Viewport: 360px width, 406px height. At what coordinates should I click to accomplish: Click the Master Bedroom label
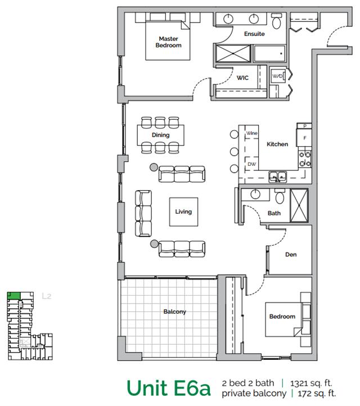pyautogui.click(x=169, y=42)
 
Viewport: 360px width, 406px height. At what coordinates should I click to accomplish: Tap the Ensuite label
pyautogui.click(x=254, y=34)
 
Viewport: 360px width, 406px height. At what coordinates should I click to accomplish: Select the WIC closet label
pyautogui.click(x=242, y=78)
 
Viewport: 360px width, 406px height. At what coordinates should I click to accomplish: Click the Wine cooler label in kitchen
pyautogui.click(x=251, y=133)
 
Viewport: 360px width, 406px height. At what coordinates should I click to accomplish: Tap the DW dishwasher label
pyautogui.click(x=251, y=164)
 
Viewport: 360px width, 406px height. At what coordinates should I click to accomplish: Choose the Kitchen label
pyautogui.click(x=277, y=145)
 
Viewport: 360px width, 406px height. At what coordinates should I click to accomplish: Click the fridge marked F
pyautogui.click(x=304, y=137)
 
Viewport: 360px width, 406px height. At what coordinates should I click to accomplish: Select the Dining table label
pyautogui.click(x=160, y=136)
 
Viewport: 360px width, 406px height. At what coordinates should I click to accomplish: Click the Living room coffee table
pyautogui.click(x=183, y=211)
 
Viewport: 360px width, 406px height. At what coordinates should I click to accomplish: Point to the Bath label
pyautogui.click(x=274, y=214)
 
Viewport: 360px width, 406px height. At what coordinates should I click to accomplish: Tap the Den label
pyautogui.click(x=291, y=255)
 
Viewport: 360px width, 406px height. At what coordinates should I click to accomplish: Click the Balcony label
pyautogui.click(x=174, y=312)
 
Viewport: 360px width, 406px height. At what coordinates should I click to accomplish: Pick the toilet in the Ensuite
pyautogui.click(x=277, y=23)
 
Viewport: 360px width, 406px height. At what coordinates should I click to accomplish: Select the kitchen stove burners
pyautogui.click(x=305, y=159)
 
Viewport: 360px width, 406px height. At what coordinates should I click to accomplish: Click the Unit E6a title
pyautogui.click(x=169, y=387)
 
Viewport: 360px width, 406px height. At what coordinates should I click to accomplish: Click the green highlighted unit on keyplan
pyautogui.click(x=13, y=295)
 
